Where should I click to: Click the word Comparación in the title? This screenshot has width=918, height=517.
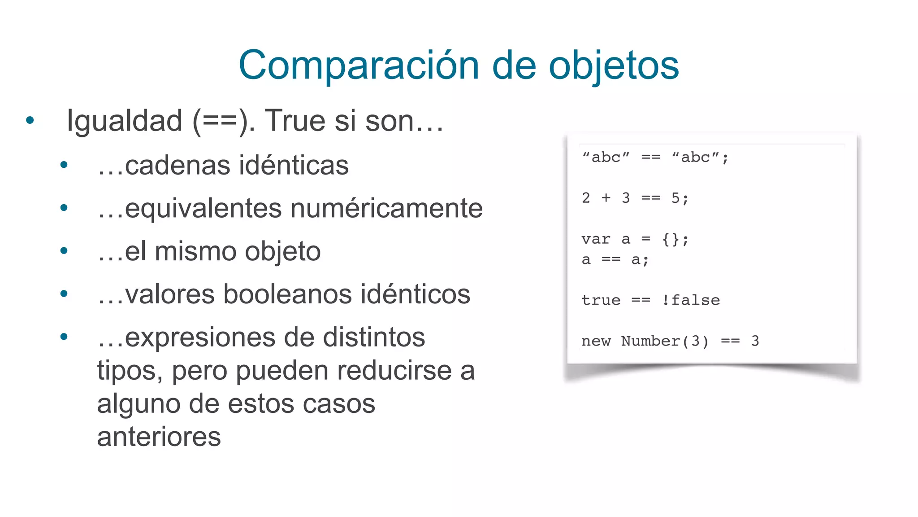coord(359,66)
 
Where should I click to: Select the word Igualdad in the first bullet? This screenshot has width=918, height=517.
coord(124,121)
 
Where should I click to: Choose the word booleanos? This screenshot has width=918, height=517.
coord(284,294)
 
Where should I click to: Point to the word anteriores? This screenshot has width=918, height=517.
coord(159,437)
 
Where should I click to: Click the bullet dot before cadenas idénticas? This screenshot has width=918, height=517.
coord(64,165)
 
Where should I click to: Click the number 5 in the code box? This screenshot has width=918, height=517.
coord(676,198)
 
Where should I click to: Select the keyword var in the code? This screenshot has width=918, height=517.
coord(596,239)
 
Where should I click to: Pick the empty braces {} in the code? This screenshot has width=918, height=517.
coord(671,239)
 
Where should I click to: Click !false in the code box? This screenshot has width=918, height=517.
coord(691,300)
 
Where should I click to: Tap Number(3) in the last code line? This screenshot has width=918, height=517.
coord(665,341)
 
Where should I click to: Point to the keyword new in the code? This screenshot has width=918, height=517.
coord(596,341)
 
